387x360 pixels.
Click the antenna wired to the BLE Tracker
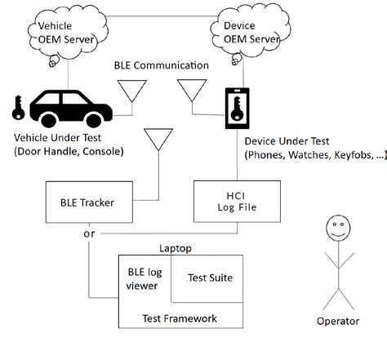157,141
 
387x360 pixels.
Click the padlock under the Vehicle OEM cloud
53,60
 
